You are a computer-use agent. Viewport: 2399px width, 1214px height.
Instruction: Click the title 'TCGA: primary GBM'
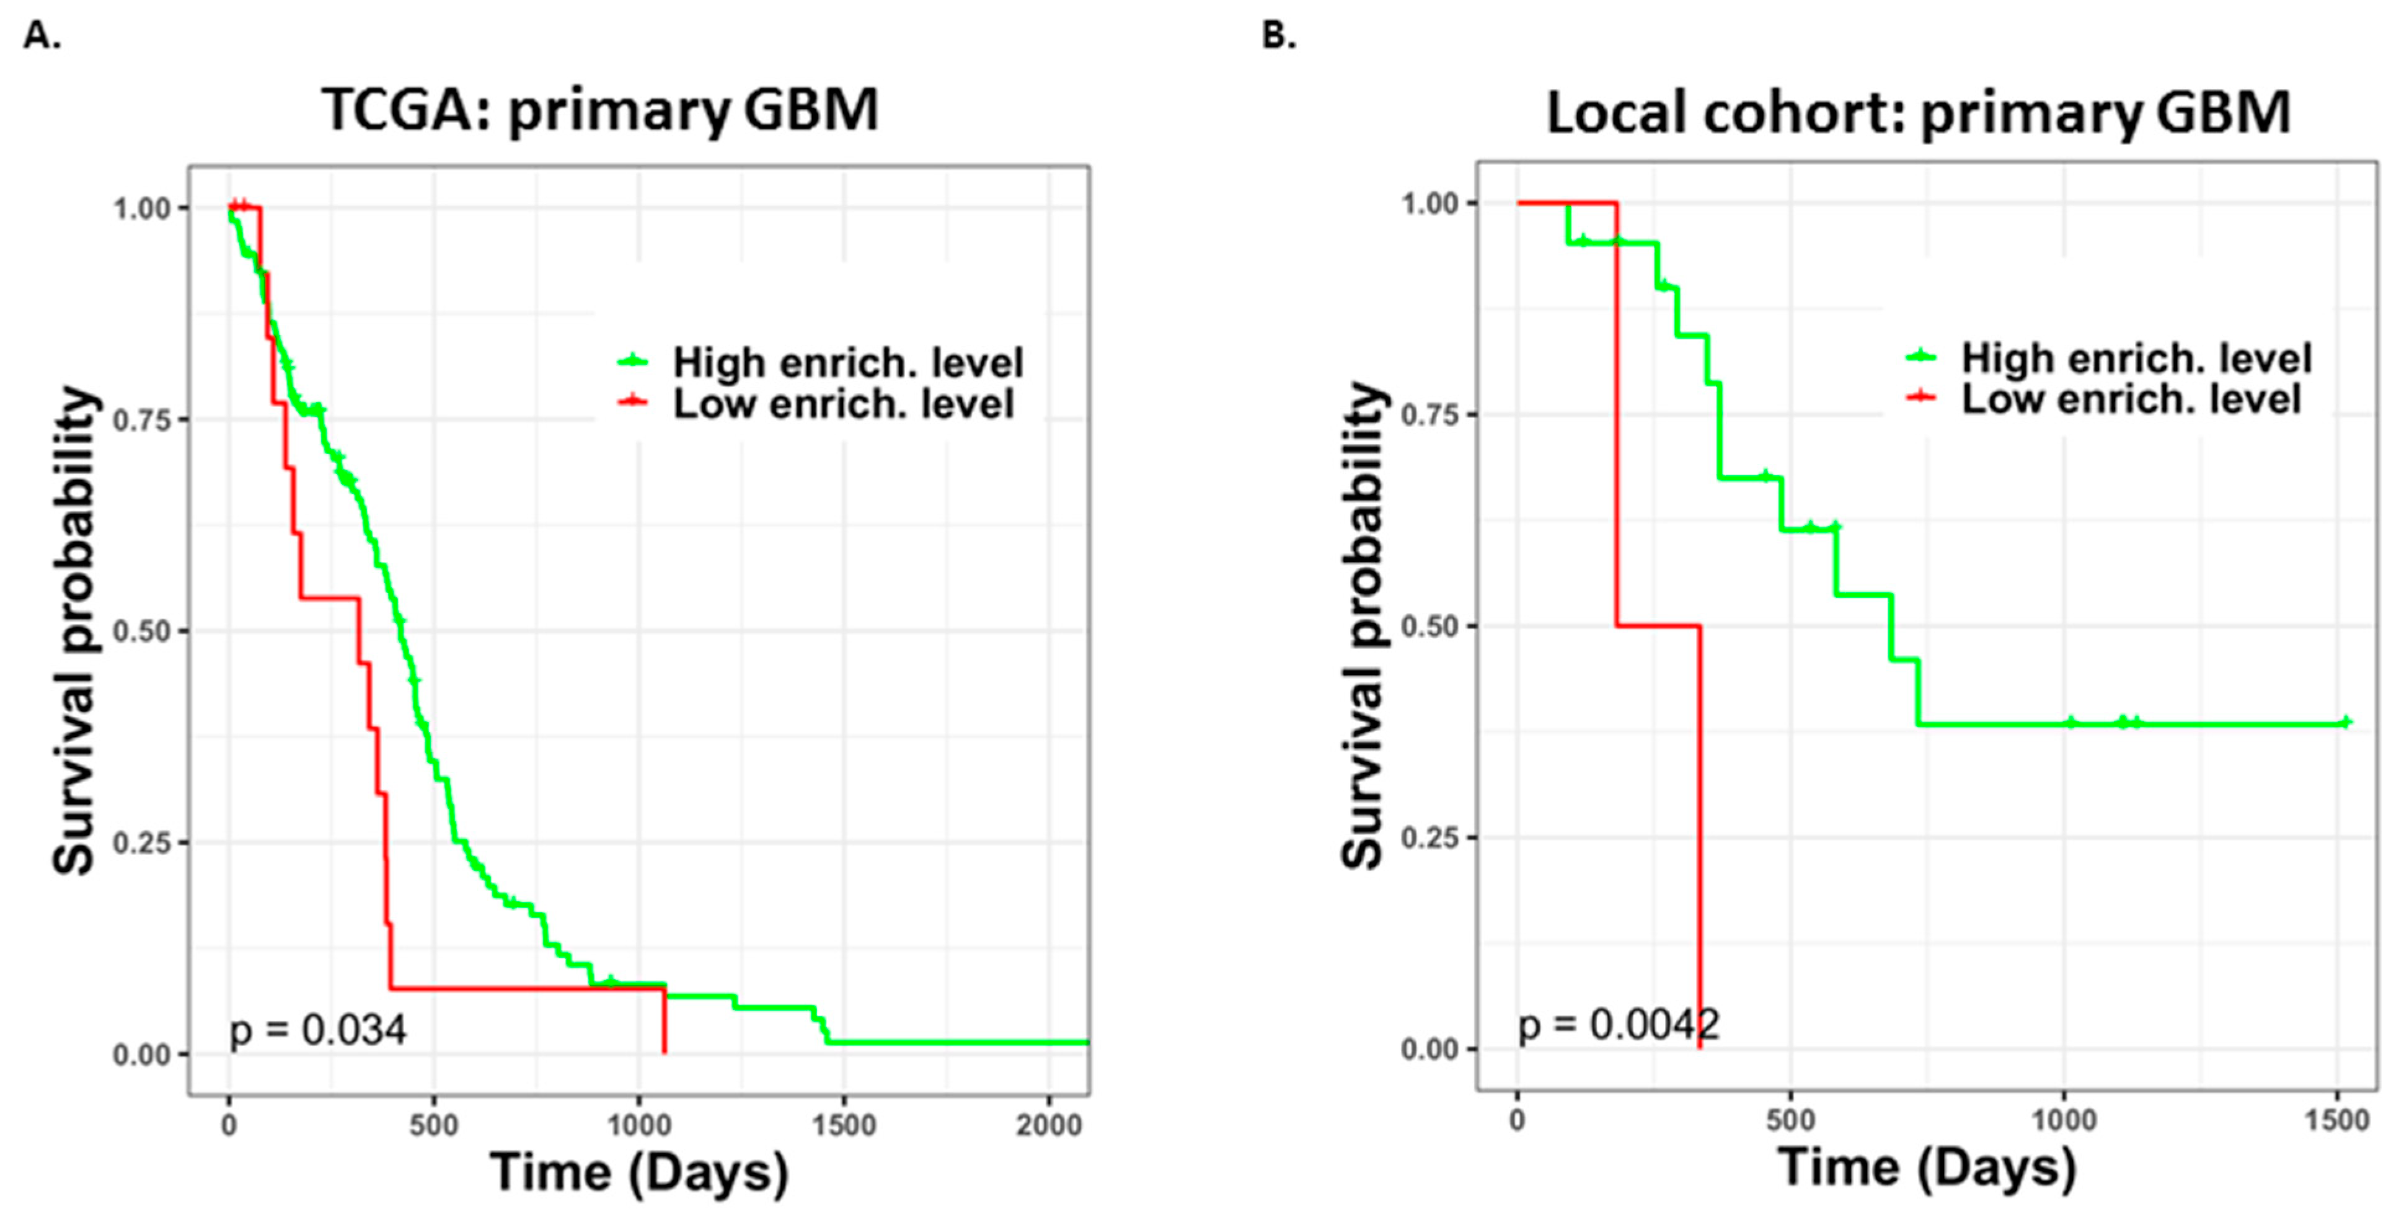(x=600, y=110)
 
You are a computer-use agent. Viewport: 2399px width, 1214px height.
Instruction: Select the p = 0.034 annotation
(x=317, y=1030)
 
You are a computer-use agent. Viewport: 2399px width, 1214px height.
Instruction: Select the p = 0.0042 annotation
(x=1619, y=1025)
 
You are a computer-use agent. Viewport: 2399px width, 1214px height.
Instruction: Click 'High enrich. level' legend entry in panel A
(x=847, y=362)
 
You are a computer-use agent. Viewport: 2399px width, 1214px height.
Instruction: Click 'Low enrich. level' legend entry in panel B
(x=2131, y=399)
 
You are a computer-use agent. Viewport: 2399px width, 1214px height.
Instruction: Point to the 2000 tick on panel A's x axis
(x=1049, y=1125)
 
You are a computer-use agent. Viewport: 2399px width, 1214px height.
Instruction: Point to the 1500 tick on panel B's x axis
(x=2336, y=1120)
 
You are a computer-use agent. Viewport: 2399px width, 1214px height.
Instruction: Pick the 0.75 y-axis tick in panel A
(x=141, y=420)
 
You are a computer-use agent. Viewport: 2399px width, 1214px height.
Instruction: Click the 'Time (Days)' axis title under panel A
(x=639, y=1172)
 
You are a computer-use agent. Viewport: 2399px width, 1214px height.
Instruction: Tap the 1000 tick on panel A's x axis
(x=639, y=1125)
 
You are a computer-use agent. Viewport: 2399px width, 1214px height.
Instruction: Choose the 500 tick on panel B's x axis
(x=1790, y=1120)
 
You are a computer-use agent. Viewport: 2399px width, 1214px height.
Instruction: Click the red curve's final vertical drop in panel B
(x=1700, y=839)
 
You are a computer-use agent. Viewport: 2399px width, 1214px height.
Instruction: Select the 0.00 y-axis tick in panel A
(x=141, y=1055)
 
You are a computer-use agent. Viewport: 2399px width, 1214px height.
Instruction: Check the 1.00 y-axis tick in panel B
(x=1429, y=203)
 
